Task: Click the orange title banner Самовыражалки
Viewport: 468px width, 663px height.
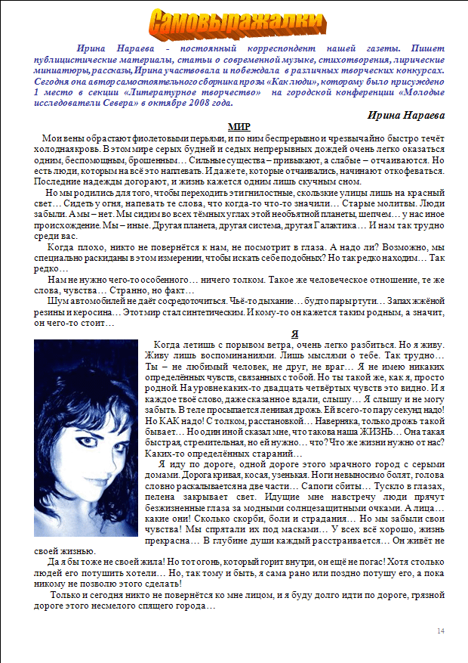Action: pyautogui.click(x=234, y=23)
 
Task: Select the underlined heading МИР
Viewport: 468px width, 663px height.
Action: pyautogui.click(x=239, y=126)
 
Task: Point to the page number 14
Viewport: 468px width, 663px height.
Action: pyautogui.click(x=441, y=630)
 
